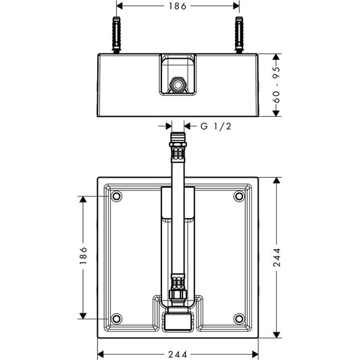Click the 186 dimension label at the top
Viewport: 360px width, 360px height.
click(x=178, y=6)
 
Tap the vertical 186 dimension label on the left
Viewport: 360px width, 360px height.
click(x=83, y=255)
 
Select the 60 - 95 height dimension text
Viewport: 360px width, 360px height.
click(x=277, y=84)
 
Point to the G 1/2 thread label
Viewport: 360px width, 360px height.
click(x=215, y=126)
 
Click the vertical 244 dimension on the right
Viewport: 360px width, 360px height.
click(x=277, y=257)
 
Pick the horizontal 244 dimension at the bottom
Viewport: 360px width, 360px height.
click(x=178, y=355)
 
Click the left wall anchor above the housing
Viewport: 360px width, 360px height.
click(x=117, y=35)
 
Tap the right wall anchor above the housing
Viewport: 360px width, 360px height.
click(x=239, y=35)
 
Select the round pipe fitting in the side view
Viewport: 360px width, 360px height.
click(x=178, y=85)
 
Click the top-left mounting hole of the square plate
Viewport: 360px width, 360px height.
click(x=116, y=197)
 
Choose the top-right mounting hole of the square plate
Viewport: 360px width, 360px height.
click(x=239, y=197)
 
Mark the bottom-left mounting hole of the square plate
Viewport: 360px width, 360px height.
click(x=116, y=319)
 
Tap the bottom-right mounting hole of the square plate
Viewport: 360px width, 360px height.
click(x=239, y=319)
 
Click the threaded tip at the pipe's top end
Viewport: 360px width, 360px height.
click(x=178, y=137)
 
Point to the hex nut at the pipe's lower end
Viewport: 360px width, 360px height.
click(x=178, y=294)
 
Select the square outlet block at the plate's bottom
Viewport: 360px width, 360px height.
click(x=178, y=322)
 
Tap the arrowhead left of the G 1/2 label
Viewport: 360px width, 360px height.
click(x=168, y=126)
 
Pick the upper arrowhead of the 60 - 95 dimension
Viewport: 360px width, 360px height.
click(x=276, y=57)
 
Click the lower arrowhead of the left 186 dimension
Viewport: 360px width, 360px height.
click(x=83, y=315)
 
